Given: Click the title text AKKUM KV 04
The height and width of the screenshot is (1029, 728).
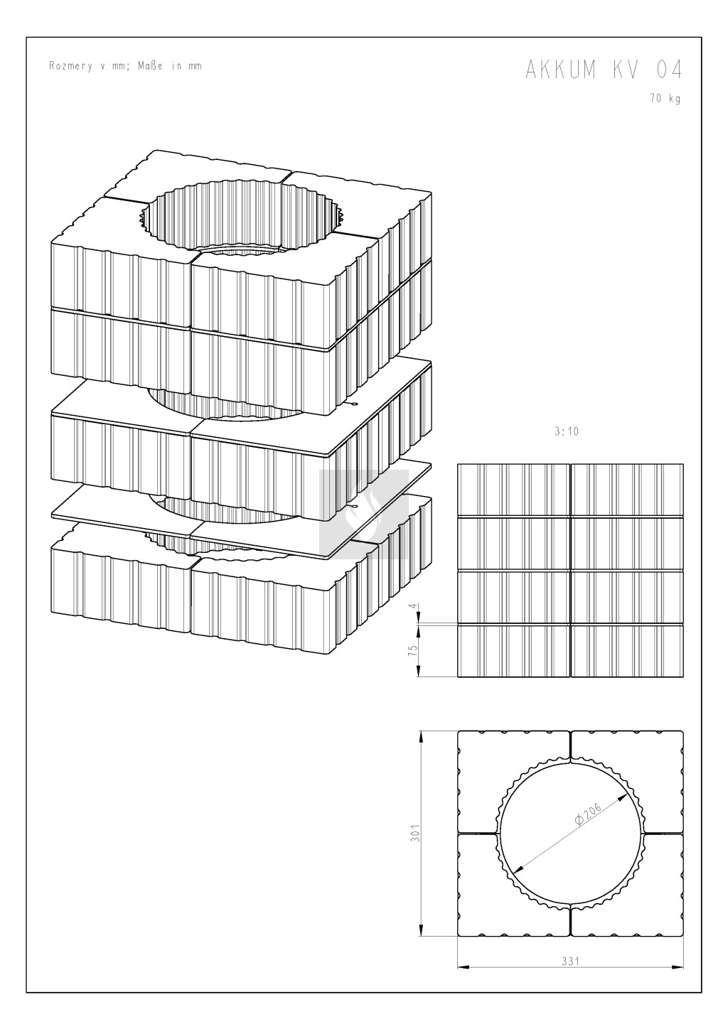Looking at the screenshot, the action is [604, 70].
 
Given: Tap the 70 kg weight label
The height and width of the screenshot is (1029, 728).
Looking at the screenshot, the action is [665, 98].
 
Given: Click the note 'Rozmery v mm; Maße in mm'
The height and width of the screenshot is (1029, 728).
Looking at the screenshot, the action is [125, 66].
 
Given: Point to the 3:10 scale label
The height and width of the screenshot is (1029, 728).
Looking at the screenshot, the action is [566, 431].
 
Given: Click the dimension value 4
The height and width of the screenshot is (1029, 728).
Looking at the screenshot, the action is [413, 606].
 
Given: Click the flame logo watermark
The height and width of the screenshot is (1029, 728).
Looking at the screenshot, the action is [364, 514].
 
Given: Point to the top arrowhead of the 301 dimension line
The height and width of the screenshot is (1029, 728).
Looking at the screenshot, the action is [420, 736].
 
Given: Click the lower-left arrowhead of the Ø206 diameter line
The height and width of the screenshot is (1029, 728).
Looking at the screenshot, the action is [518, 868].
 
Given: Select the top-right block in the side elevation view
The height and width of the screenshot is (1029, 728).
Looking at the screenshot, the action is [627, 490].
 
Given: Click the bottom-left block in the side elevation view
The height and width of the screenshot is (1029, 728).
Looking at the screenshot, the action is [513, 651].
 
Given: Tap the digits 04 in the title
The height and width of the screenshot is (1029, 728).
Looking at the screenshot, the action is [669, 70].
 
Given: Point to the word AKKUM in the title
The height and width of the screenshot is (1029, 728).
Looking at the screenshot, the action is [561, 70].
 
